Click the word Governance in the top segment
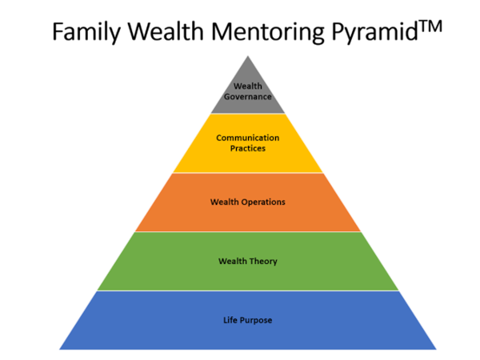pos(248,97)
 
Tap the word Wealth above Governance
pos(248,86)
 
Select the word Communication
pos(248,137)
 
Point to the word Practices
pos(248,148)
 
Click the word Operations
pos(262,202)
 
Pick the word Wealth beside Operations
pos(224,202)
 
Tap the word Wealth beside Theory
pos(233,261)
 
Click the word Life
pos(230,321)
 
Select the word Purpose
pos(256,321)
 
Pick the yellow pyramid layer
pos(248,160)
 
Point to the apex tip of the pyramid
pos(248,55)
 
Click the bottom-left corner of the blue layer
pos(59,349)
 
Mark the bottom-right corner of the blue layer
pos(437,349)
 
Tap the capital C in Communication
pos(219,137)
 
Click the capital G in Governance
pos(228,97)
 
